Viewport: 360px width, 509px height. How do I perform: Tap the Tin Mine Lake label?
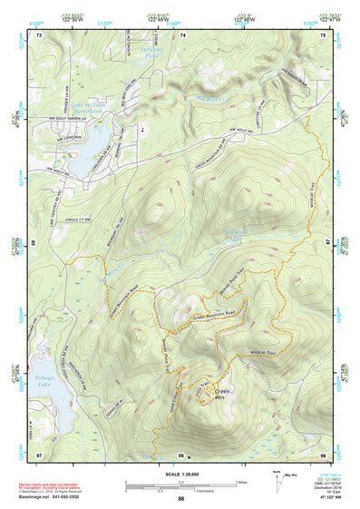(234, 235)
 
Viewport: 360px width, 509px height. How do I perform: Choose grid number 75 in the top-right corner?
(324, 34)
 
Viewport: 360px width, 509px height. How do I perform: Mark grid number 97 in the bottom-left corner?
(38, 455)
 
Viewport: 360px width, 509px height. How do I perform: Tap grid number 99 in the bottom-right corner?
(323, 455)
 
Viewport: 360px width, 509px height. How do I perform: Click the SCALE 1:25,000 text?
(181, 475)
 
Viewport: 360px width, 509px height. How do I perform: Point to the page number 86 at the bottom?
(181, 498)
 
